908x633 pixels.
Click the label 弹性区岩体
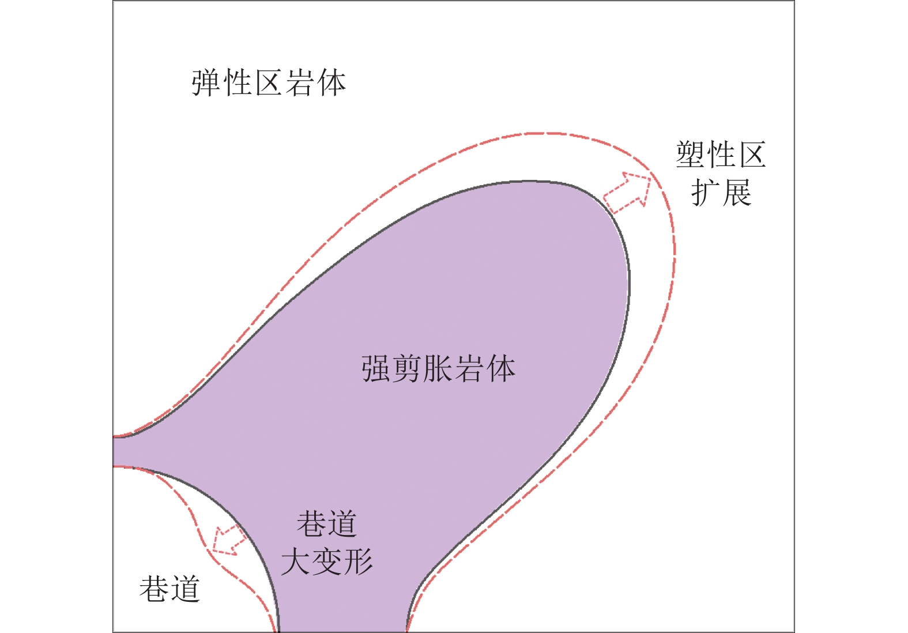269,83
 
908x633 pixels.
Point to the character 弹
207,83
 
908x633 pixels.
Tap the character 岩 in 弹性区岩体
300,83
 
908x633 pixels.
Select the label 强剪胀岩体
438,368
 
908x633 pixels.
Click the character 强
376,368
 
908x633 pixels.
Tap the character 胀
438,368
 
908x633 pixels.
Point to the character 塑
691,155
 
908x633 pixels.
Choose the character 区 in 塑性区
751,155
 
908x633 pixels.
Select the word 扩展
721,192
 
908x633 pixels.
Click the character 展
737,192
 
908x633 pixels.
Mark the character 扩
706,192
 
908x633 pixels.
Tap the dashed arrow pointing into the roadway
228,540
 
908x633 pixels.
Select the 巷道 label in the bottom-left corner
169,589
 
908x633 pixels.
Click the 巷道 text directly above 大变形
327,523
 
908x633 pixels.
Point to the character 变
327,561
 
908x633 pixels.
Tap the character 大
296,561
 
